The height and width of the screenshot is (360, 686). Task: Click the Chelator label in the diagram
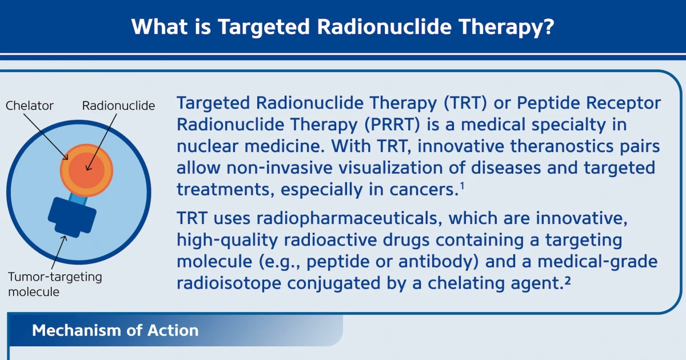click(x=29, y=106)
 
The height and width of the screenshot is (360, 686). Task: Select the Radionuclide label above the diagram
click(x=118, y=106)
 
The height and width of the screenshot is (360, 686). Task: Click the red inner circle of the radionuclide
click(x=87, y=170)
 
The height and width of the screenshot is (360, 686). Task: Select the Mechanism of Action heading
click(x=115, y=330)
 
